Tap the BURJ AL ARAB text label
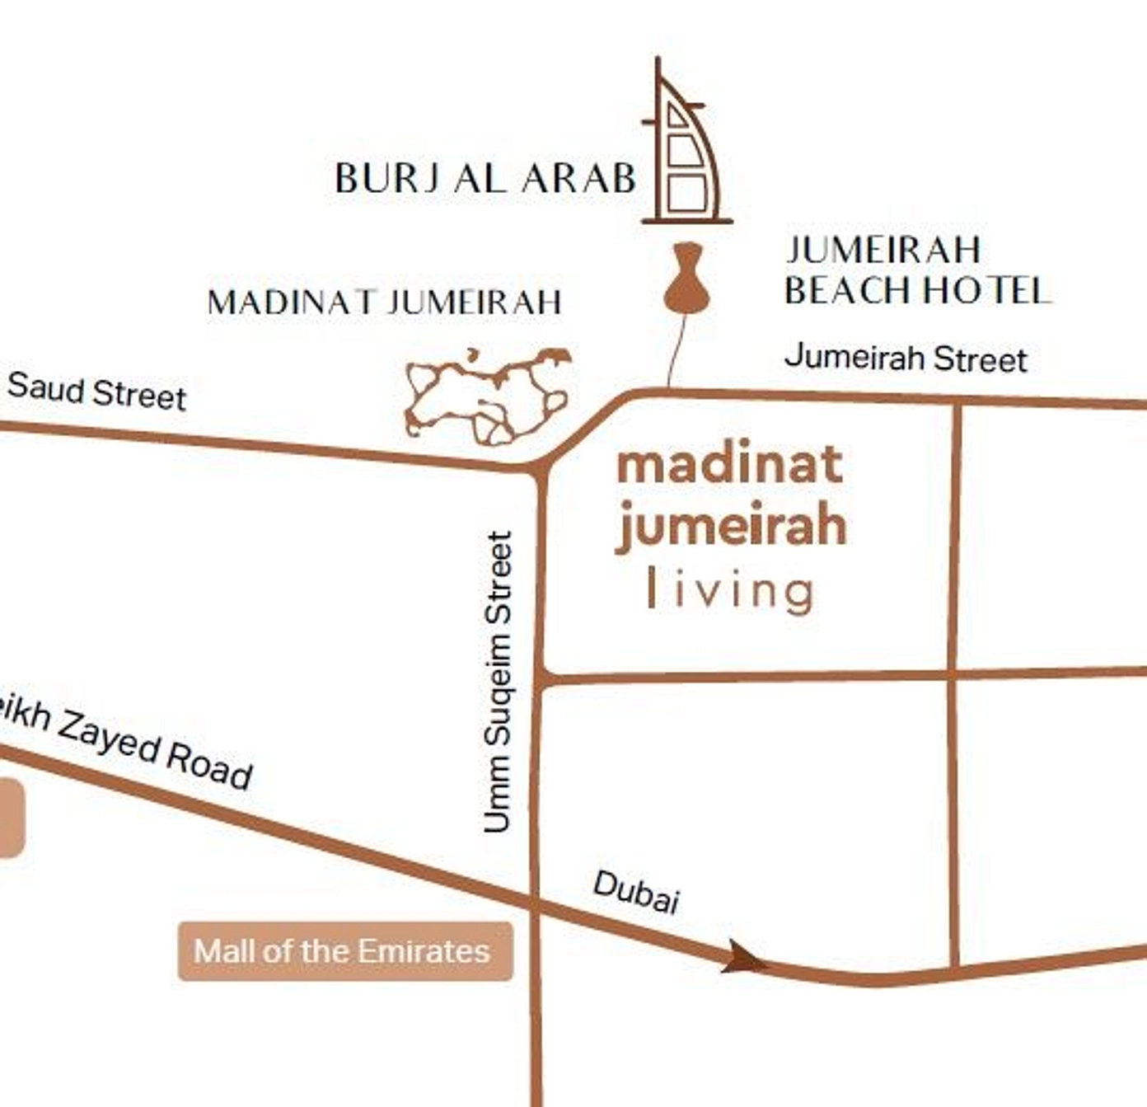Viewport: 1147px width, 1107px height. coord(485,178)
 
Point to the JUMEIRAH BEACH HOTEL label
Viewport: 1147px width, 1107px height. coord(916,270)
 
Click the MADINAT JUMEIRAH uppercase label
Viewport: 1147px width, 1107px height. coord(385,303)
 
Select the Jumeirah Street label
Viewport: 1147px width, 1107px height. coord(906,359)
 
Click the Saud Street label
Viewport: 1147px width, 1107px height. coord(97,391)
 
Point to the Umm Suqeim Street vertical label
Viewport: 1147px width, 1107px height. coord(499,682)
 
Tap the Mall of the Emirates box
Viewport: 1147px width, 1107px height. coord(345,951)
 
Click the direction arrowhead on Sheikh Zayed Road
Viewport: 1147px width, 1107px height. coord(742,958)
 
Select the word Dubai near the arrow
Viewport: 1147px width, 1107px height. coord(636,892)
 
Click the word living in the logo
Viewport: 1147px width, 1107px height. coord(731,590)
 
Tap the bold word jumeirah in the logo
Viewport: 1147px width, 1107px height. coord(731,525)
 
